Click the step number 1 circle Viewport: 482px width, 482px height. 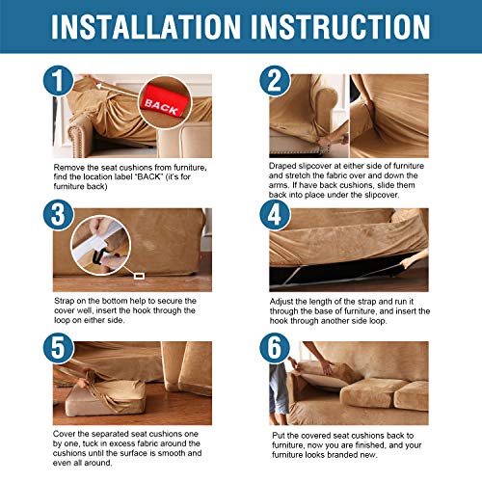(x=58, y=80)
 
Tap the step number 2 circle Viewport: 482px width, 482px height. (x=275, y=80)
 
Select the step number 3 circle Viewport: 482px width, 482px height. (x=58, y=214)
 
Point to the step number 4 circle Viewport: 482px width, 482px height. (x=275, y=214)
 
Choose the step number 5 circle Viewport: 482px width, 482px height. (x=58, y=348)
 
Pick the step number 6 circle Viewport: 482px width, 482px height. (x=275, y=348)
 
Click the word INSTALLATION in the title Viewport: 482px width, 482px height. (x=146, y=26)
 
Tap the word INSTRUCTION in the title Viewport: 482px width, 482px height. (x=340, y=26)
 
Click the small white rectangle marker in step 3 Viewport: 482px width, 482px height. (x=139, y=276)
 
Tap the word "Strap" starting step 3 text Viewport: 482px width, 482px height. (x=65, y=301)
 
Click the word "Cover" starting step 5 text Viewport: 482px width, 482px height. (x=64, y=434)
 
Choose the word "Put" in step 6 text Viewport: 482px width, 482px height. (x=279, y=436)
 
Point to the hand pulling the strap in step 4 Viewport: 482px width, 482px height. (x=413, y=259)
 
